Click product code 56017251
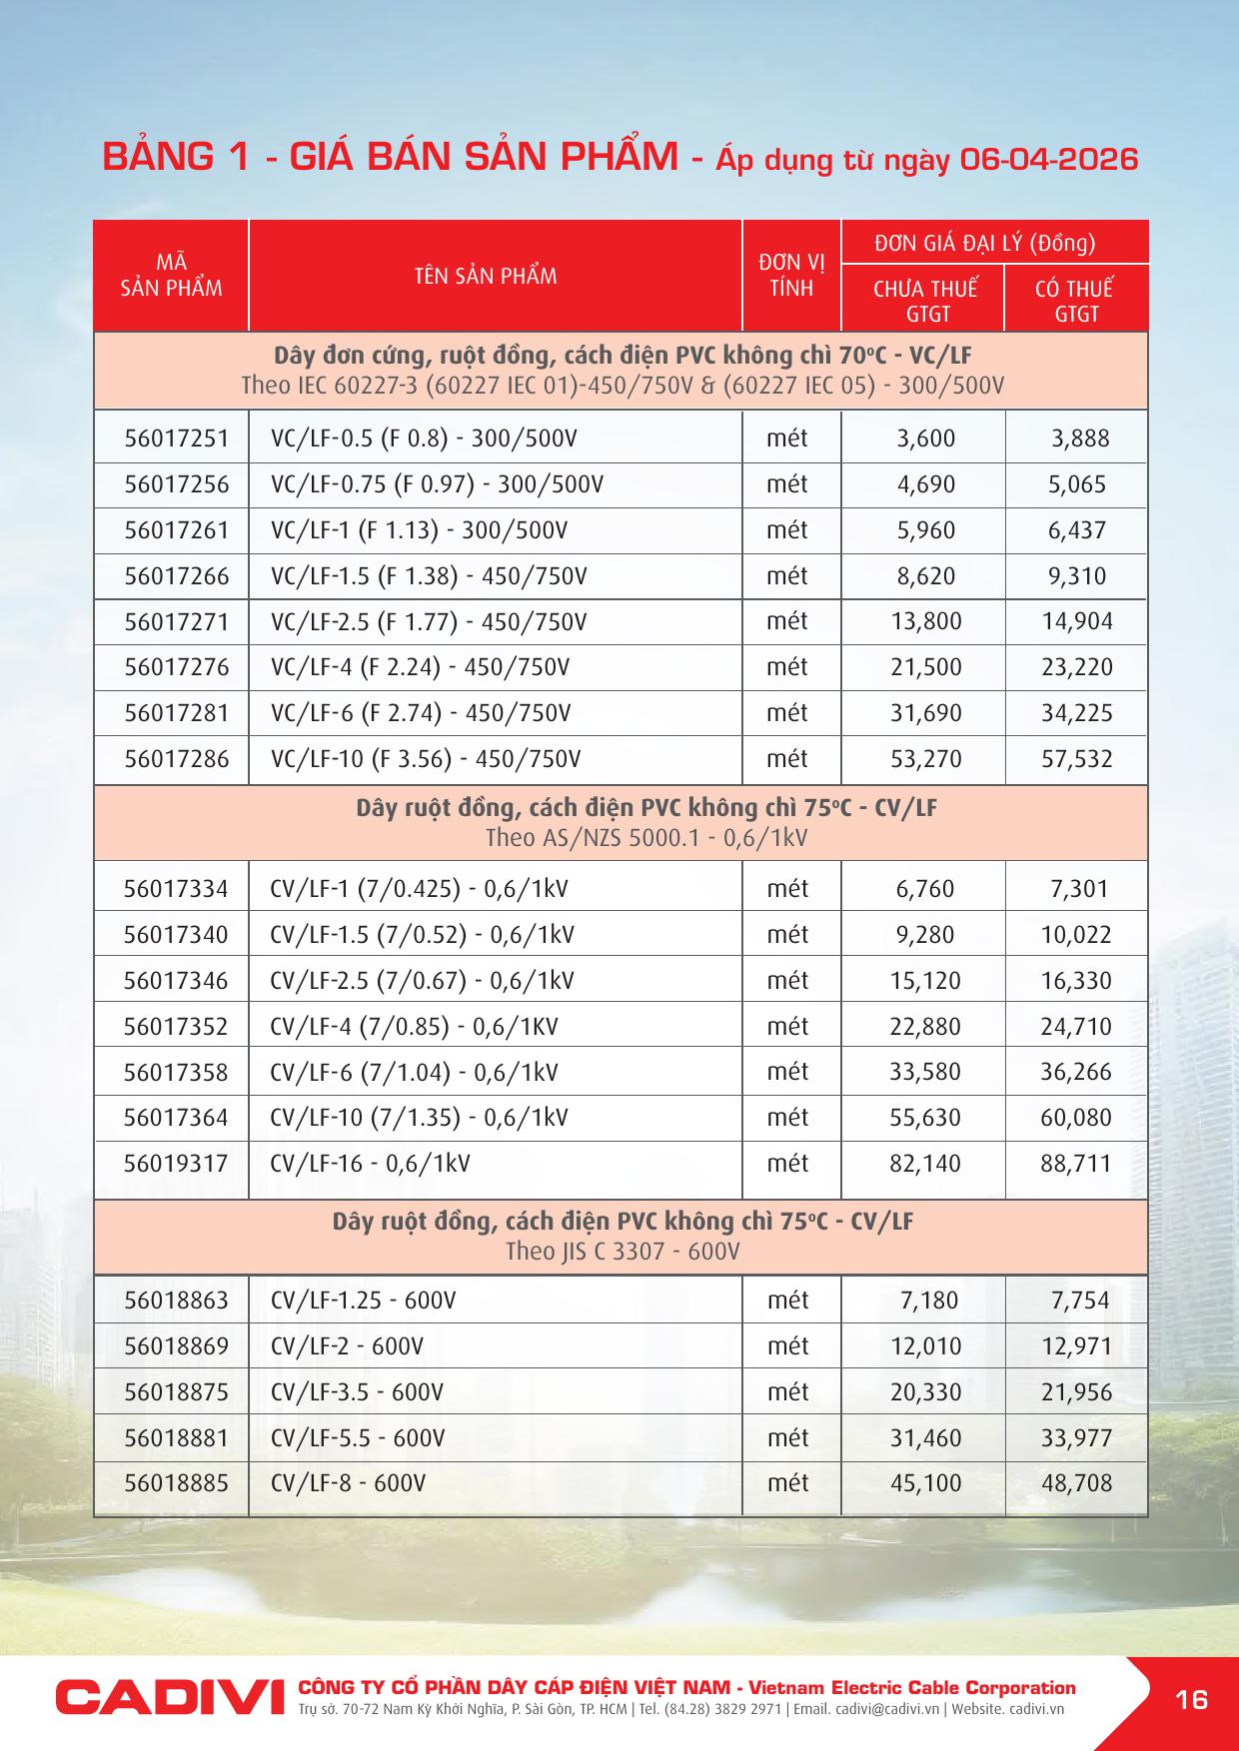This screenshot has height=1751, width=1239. click(x=176, y=438)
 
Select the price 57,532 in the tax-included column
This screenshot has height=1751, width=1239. click(x=1076, y=759)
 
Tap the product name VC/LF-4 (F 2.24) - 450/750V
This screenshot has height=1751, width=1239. click(x=420, y=667)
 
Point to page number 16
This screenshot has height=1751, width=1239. click(x=1192, y=1698)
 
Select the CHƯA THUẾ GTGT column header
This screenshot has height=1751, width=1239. click(x=924, y=301)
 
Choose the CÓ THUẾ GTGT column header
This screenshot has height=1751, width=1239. click(x=1075, y=301)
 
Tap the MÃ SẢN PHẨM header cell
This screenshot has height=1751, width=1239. click(x=171, y=276)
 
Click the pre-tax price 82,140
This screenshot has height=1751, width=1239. click(x=925, y=1164)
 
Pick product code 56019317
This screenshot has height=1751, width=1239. click(x=176, y=1164)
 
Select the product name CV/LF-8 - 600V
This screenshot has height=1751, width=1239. click(x=348, y=1483)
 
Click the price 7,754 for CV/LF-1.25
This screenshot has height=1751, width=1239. click(x=1079, y=1301)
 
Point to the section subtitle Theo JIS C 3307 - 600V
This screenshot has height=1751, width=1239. click(x=621, y=1252)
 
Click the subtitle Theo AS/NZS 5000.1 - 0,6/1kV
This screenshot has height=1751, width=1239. click(x=646, y=838)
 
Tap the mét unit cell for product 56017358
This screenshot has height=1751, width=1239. click(x=787, y=1072)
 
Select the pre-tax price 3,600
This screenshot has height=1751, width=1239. click(x=925, y=438)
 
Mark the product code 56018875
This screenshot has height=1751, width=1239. click(x=176, y=1392)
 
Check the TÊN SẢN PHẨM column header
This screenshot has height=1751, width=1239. click(x=486, y=276)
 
